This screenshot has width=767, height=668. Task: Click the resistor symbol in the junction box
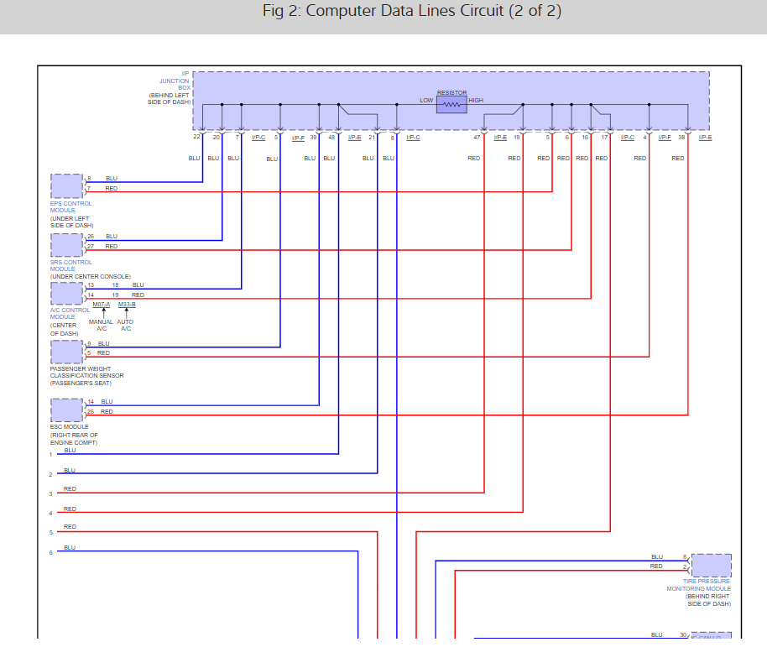tap(451, 105)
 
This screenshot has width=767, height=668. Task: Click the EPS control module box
tap(67, 185)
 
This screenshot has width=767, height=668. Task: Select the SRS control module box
tap(67, 244)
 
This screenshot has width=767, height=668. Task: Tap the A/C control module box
tap(67, 294)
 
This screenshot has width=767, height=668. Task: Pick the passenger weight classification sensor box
tap(67, 352)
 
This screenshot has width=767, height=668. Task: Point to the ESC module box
tap(67, 410)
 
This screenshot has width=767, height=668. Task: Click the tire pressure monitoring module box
tap(711, 565)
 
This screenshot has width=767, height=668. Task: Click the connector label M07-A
tap(102, 304)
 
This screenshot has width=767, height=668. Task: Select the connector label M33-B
tap(127, 304)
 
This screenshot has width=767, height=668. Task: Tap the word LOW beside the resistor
tap(426, 101)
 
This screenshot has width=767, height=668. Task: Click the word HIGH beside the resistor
tap(476, 101)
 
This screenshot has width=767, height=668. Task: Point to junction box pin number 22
tap(196, 137)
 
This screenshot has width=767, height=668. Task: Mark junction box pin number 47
tap(477, 137)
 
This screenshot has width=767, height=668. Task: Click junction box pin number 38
tap(681, 137)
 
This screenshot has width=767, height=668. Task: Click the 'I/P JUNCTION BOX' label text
tap(175, 81)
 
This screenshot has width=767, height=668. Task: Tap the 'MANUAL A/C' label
tap(102, 325)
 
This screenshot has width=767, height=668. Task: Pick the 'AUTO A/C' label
tap(126, 325)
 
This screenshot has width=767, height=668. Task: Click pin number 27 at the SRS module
tap(91, 247)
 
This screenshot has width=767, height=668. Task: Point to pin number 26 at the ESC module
tap(91, 412)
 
